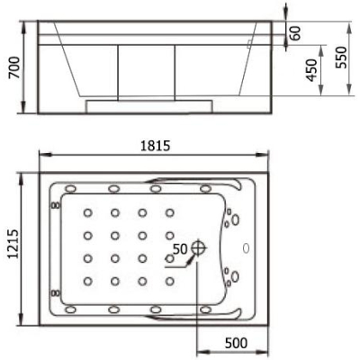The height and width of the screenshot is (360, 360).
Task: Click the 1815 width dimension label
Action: [x=155, y=146]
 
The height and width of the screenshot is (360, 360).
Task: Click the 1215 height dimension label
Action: [x=13, y=244]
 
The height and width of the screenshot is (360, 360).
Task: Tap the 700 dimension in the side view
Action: [x=14, y=67]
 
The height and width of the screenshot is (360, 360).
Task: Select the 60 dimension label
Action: [x=295, y=33]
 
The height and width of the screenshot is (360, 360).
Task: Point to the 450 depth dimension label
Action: [x=311, y=70]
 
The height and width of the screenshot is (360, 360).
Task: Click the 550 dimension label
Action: [x=341, y=58]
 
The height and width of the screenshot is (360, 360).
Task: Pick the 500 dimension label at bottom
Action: [x=236, y=343]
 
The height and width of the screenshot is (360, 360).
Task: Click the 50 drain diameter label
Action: [x=181, y=248]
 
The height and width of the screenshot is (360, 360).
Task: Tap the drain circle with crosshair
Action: [x=198, y=247]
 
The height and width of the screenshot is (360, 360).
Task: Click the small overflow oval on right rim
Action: [x=246, y=248]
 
